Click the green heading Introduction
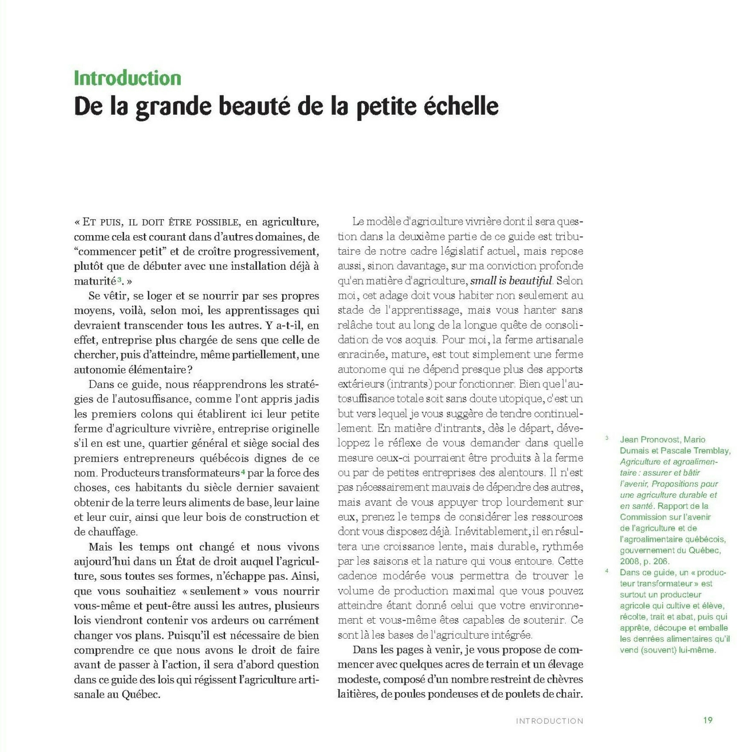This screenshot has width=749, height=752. coord(127,78)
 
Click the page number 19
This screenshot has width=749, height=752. coord(708,720)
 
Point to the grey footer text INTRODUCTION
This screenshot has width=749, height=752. coord(549,721)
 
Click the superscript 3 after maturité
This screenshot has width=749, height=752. coord(119,279)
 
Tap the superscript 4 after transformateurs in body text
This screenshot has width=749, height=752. coord(243,471)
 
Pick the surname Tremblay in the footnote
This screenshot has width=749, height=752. coord(712,450)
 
